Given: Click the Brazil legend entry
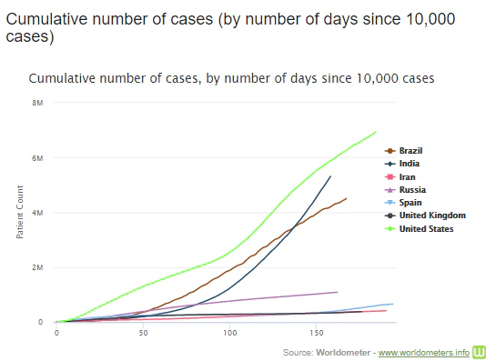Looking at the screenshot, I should [x=411, y=150].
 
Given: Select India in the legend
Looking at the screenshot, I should [x=409, y=164].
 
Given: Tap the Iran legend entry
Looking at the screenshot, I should [x=407, y=176].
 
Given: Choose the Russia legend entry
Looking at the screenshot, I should [x=411, y=189].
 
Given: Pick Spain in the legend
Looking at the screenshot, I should [x=410, y=202].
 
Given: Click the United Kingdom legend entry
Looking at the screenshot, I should [x=431, y=216].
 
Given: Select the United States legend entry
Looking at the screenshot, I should [x=426, y=228].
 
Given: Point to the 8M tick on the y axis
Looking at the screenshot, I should [x=39, y=103].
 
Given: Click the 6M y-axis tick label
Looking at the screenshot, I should [x=39, y=157].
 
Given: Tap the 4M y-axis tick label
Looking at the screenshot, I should [x=39, y=213].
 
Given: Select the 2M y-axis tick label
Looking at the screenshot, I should [x=39, y=267].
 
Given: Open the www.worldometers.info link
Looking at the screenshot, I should [x=423, y=352].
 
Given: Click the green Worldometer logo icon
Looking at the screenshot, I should [x=478, y=351].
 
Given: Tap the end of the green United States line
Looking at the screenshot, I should [x=377, y=132].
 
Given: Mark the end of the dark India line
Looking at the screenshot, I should [x=330, y=176].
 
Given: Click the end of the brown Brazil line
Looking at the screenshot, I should [x=346, y=198].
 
